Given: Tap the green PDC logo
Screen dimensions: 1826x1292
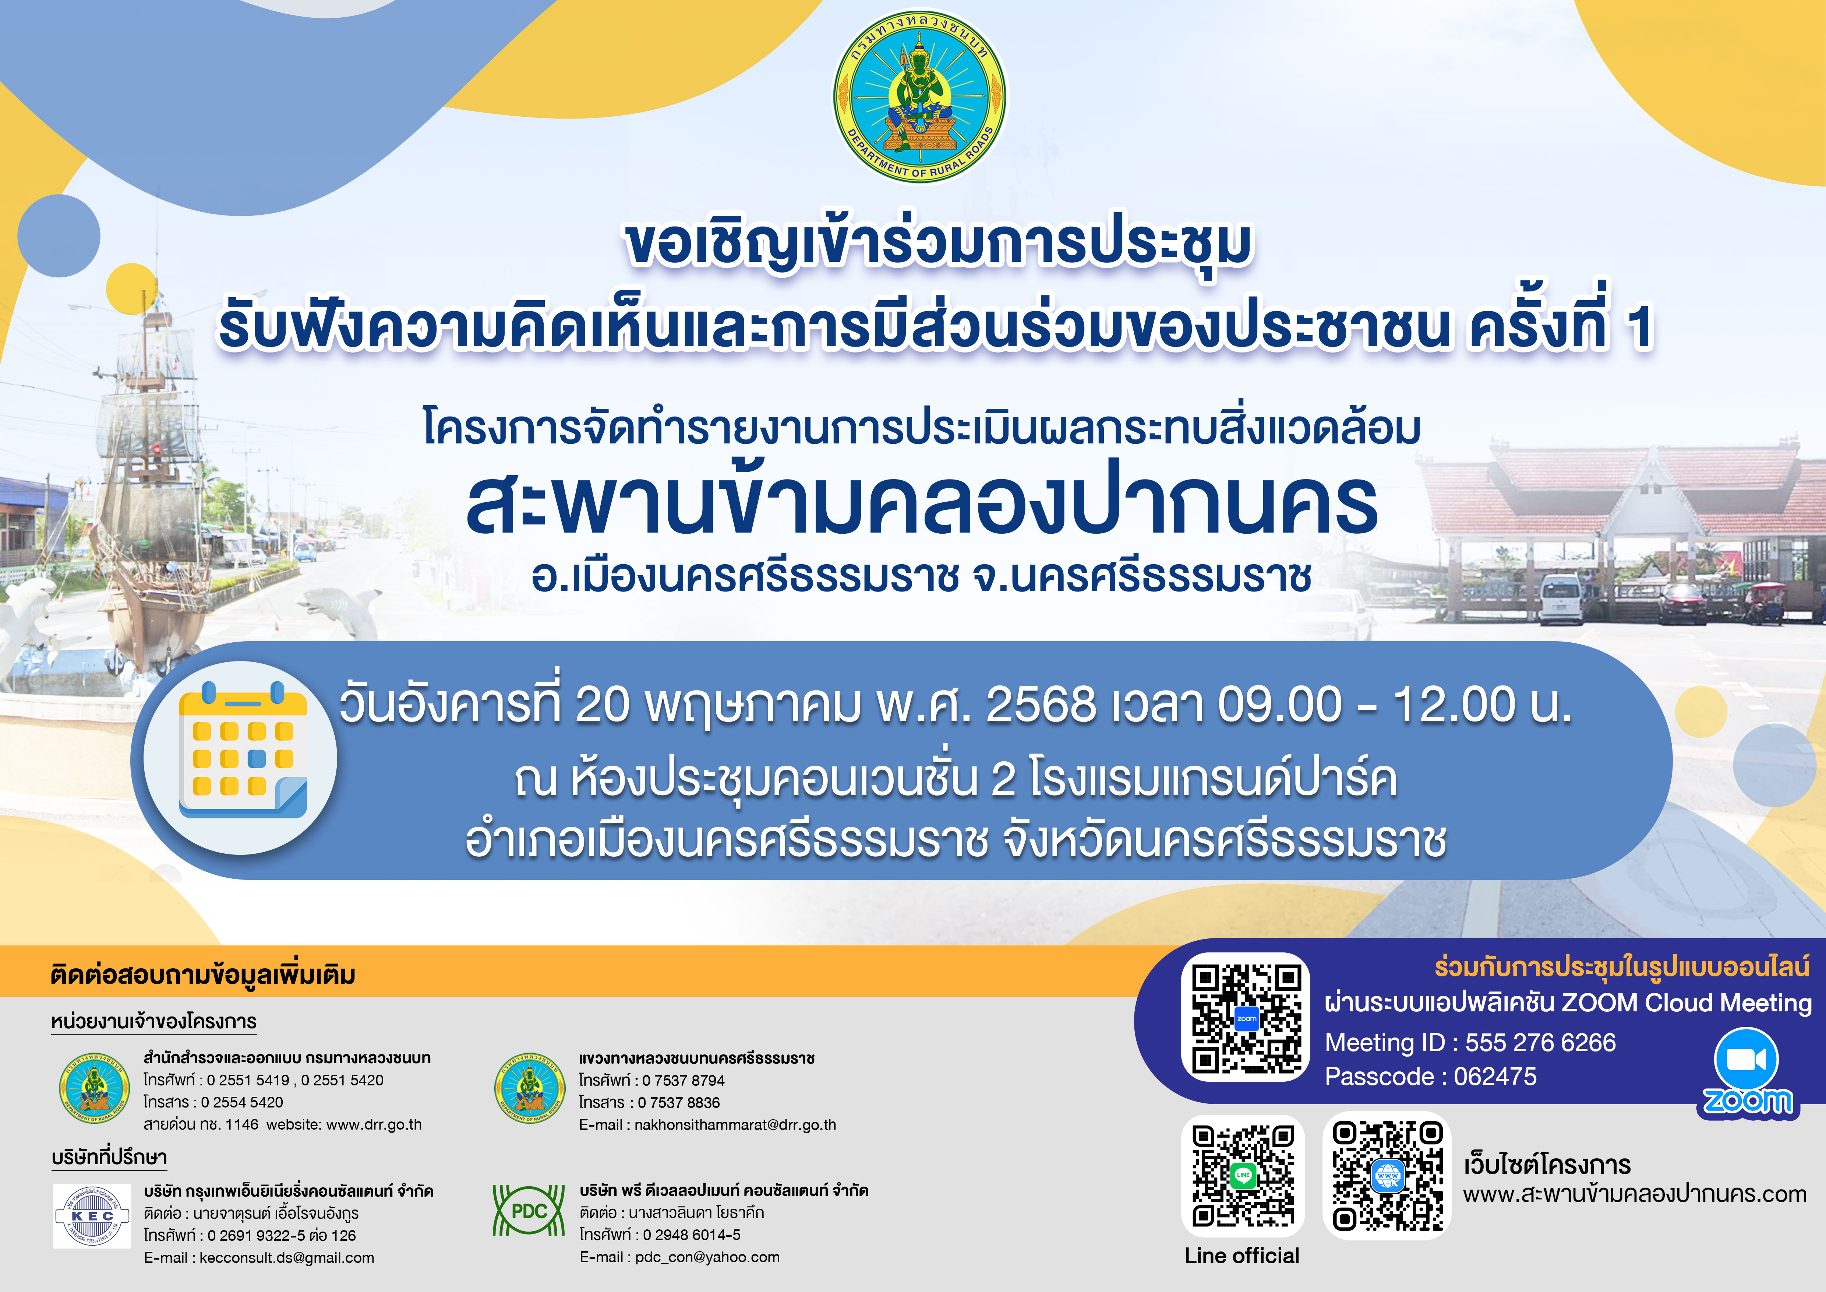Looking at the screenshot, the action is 529,1211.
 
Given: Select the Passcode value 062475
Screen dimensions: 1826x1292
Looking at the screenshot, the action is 1495,1077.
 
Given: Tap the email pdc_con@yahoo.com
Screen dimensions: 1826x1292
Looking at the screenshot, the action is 707,1257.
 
